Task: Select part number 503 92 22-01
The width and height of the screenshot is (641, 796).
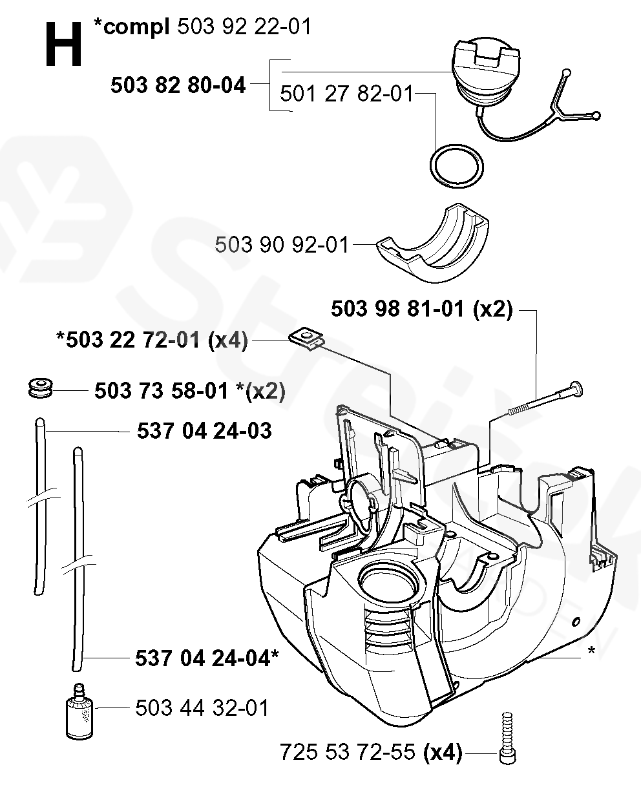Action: pos(244,28)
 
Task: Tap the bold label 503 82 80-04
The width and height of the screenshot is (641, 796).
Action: pos(178,85)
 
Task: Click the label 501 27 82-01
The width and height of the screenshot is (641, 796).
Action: pos(346,95)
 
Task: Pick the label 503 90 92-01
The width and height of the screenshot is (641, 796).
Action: pos(282,245)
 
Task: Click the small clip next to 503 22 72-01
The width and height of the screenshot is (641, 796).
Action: pos(307,338)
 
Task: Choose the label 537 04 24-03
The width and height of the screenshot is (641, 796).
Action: pos(204,430)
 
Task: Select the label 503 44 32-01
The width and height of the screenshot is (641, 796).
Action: pos(202,707)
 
